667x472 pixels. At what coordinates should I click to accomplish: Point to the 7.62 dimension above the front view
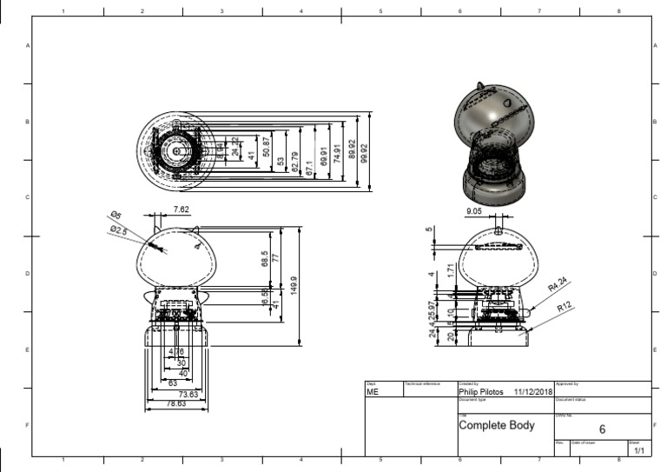point(182,209)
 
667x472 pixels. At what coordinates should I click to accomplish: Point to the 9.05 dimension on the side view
point(474,210)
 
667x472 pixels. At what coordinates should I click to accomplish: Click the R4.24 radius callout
point(558,284)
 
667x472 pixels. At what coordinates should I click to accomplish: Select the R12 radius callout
point(565,306)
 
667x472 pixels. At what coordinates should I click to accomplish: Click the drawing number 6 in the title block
point(602,428)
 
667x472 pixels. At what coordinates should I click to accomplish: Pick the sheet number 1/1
point(639,450)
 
